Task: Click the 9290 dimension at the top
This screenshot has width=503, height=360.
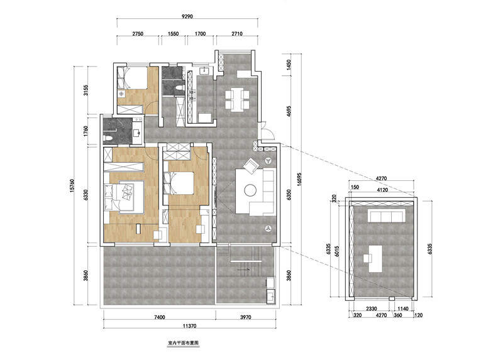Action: coord(187,16)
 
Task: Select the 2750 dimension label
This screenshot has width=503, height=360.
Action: coord(138,33)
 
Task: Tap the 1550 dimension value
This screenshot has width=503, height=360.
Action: coord(173,33)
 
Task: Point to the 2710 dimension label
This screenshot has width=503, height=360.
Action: coord(237,33)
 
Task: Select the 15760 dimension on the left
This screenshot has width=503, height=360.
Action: coord(72,185)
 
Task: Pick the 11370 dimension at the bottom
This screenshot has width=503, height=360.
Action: coord(190,326)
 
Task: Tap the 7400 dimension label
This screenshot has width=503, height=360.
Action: coord(160,317)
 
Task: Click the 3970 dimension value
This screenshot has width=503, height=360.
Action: coord(246,317)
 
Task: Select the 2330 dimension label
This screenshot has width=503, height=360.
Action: coord(371,308)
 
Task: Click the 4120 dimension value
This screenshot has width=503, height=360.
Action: coord(382,190)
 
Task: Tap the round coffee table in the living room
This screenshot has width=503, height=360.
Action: coord(250,190)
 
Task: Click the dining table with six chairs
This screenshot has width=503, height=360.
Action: coord(237,99)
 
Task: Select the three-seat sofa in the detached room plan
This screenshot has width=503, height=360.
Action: coord(387,215)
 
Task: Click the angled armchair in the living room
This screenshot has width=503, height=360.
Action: coord(251,166)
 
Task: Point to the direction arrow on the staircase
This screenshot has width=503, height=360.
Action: coord(243,270)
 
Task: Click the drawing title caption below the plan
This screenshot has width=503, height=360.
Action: coord(183,342)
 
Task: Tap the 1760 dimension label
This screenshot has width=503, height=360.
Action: coord(86,131)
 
